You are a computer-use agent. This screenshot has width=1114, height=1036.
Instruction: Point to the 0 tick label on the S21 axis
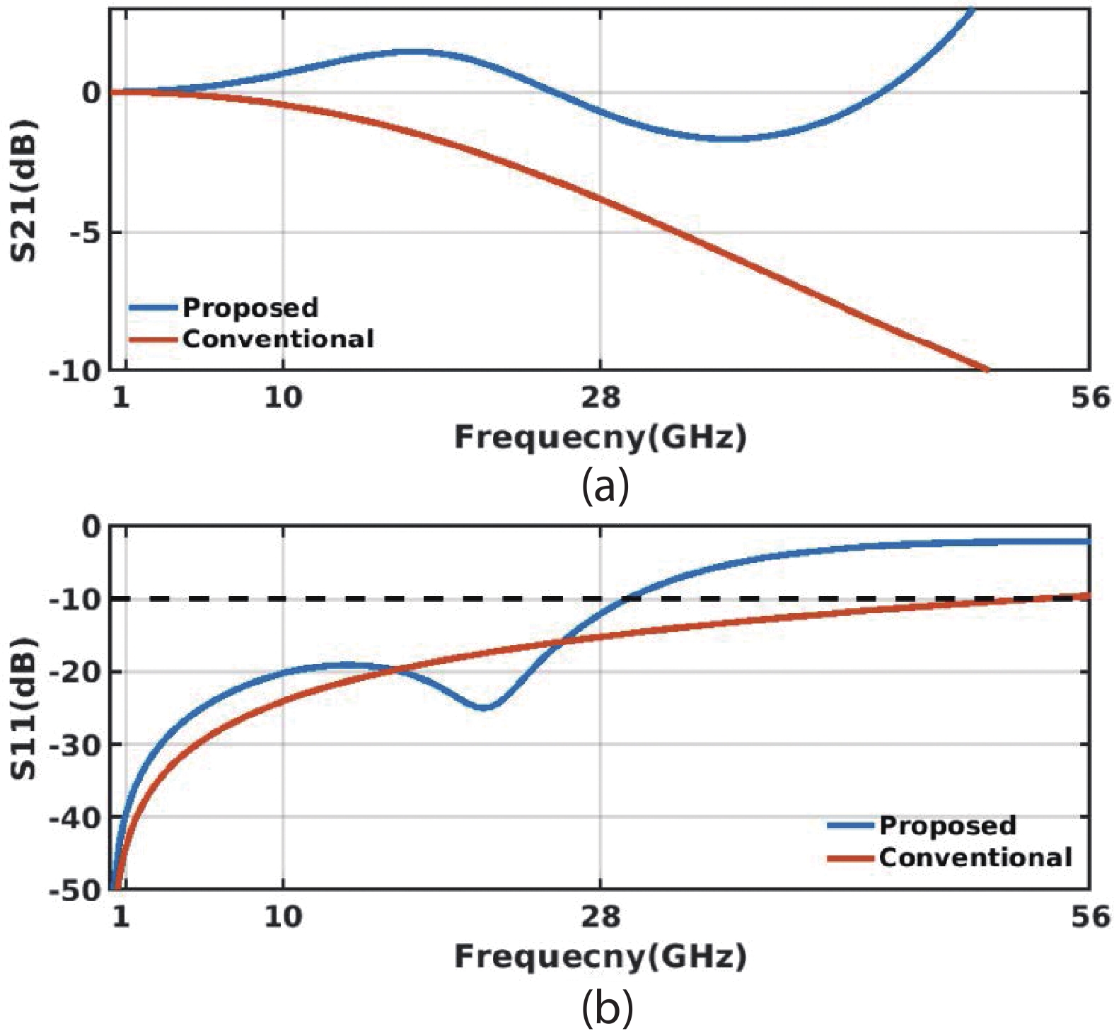pyautogui.click(x=91, y=93)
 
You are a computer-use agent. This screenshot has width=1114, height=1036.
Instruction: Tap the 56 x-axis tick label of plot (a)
pyautogui.click(x=1090, y=398)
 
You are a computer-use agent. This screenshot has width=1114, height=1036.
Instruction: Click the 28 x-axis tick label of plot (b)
pyautogui.click(x=600, y=917)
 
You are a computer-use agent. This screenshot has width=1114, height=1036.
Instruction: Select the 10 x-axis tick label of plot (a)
pyautogui.click(x=283, y=398)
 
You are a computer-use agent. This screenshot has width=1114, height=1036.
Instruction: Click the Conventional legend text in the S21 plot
pyautogui.click(x=279, y=339)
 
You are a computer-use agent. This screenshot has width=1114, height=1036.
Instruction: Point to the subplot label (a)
pyautogui.click(x=605, y=487)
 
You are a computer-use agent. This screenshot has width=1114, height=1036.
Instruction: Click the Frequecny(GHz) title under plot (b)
pyautogui.click(x=600, y=957)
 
